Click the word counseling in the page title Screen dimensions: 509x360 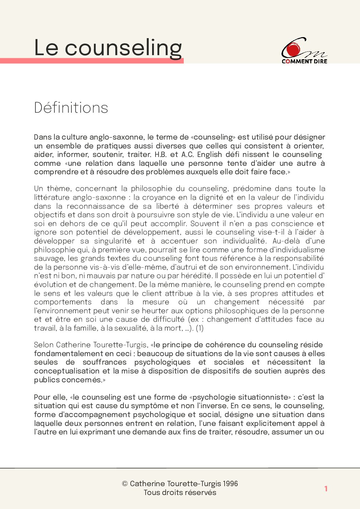point(123,48)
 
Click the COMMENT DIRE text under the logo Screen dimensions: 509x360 point(304,61)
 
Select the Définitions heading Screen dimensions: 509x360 point(71,108)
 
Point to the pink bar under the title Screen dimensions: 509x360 point(92,61)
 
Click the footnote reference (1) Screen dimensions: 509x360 point(200,328)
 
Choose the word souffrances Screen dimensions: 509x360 point(104,362)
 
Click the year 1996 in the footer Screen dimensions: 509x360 point(230,484)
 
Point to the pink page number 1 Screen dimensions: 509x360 point(326,489)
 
